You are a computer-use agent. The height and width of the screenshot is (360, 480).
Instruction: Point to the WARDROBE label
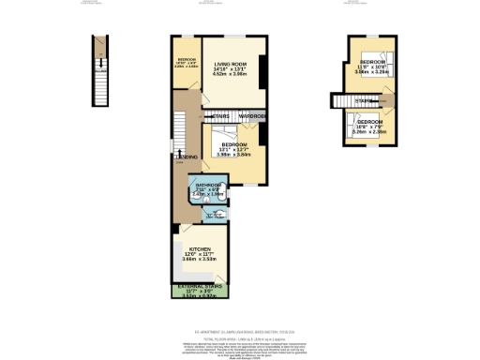(250, 117)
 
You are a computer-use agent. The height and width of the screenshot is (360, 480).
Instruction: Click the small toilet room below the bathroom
(214, 215)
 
